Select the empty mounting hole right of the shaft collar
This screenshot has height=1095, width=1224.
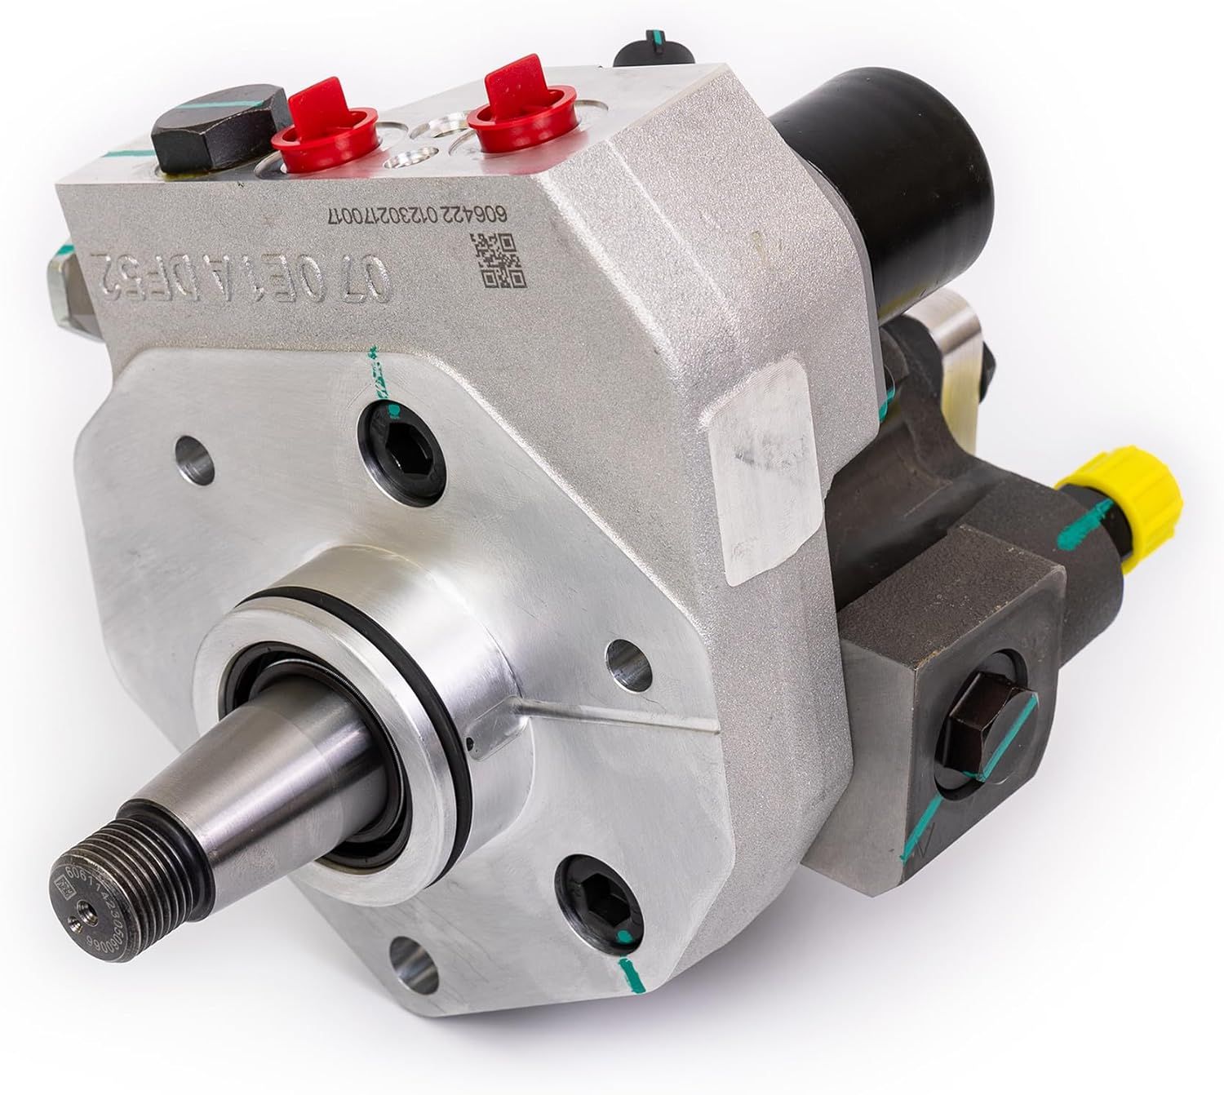point(629,661)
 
